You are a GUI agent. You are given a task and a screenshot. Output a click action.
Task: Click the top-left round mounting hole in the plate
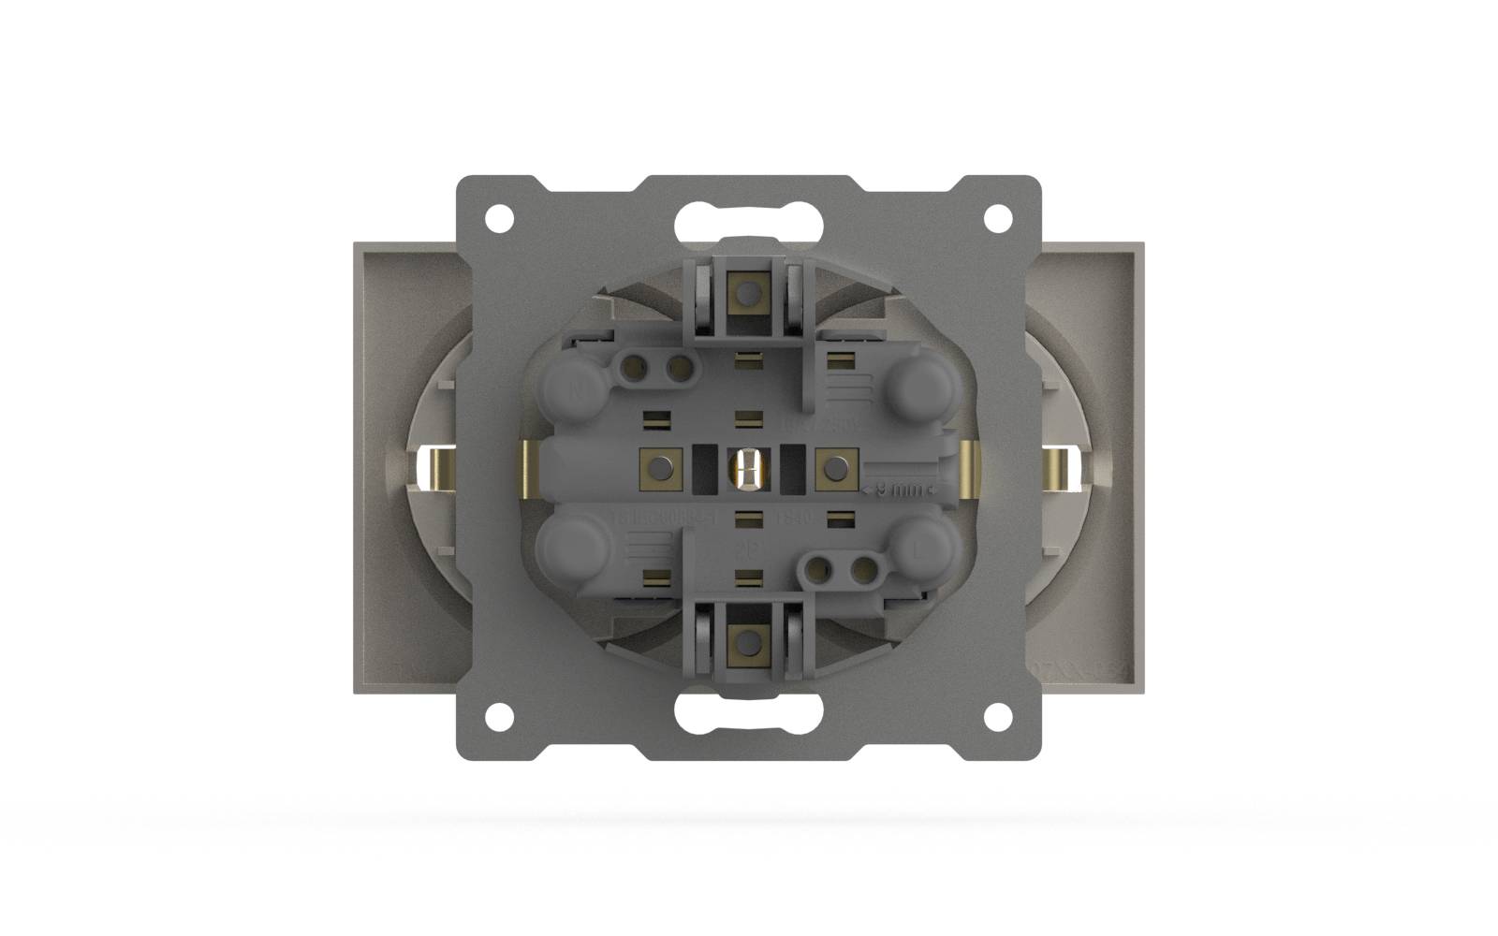click(x=500, y=218)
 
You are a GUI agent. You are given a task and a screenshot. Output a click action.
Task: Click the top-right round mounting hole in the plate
click(x=998, y=218)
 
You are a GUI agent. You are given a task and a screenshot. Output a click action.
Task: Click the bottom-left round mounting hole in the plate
click(x=500, y=717)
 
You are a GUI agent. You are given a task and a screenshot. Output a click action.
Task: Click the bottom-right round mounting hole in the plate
click(x=998, y=717)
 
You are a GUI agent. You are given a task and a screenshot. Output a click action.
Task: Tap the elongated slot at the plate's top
click(x=748, y=221)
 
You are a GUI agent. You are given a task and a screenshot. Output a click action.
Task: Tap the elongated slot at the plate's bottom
click(x=748, y=714)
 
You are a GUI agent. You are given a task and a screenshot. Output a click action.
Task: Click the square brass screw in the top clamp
click(x=747, y=294)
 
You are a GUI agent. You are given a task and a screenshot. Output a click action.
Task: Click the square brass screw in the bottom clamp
click(x=747, y=642)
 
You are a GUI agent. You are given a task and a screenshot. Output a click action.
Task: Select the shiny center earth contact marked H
click(x=748, y=468)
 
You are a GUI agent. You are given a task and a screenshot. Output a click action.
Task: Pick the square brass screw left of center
click(x=661, y=467)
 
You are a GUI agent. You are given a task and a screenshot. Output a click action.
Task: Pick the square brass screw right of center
click(x=836, y=467)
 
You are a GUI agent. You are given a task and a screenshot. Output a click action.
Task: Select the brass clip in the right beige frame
click(x=1061, y=467)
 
